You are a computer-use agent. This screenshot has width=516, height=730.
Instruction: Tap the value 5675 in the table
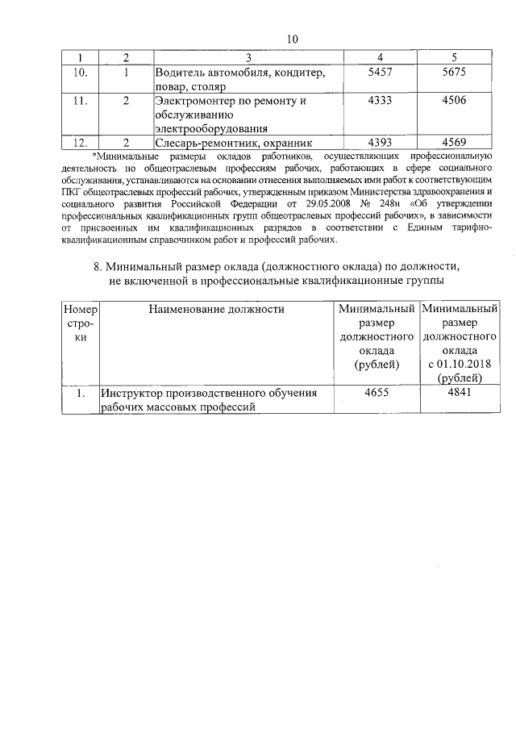pos(455,73)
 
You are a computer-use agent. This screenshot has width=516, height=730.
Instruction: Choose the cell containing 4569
pos(455,143)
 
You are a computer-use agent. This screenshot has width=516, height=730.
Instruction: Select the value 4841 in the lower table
pos(458,393)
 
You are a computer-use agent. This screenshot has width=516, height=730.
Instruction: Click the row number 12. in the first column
pos(81,143)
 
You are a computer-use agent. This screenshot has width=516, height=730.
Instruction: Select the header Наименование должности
pos(216,308)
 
